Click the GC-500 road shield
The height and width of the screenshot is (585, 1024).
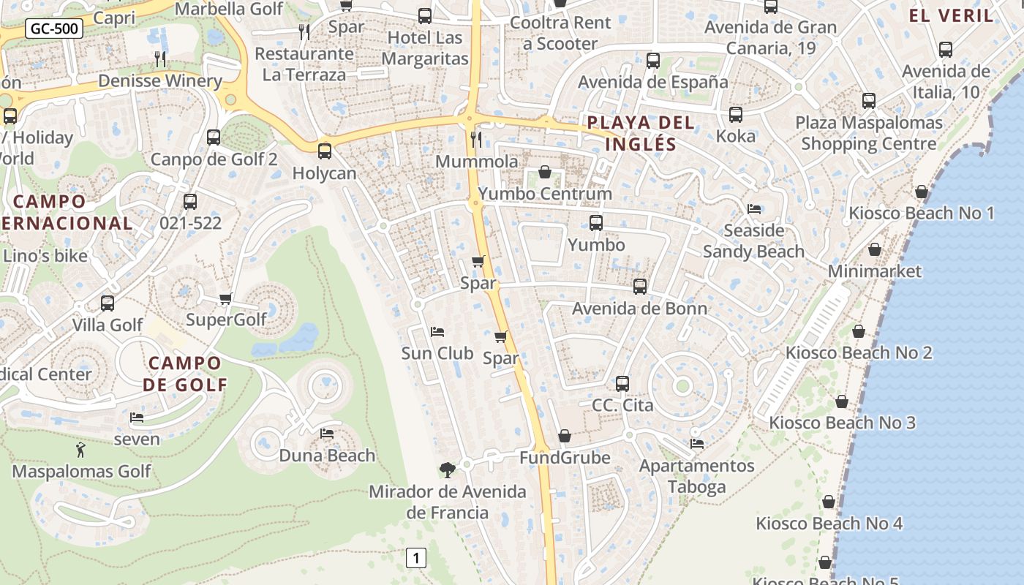click(54, 29)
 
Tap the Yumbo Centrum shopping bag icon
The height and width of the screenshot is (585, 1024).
click(545, 172)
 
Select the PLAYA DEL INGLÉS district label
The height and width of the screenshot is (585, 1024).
click(641, 133)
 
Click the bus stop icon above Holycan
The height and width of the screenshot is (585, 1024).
click(324, 151)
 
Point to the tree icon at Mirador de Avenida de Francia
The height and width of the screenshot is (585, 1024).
click(447, 469)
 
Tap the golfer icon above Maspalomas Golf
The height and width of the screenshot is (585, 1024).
click(81, 450)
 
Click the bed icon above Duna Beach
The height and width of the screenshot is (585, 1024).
click(327, 434)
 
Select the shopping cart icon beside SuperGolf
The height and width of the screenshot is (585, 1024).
click(226, 298)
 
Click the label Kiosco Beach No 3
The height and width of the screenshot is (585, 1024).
click(842, 423)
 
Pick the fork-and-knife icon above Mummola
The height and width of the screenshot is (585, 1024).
click(476, 139)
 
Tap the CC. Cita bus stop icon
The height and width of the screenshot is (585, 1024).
click(622, 384)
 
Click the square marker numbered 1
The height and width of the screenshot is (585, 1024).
click(416, 559)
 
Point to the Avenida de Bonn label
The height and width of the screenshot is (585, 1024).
click(639, 308)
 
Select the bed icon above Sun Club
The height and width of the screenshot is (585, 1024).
click(437, 332)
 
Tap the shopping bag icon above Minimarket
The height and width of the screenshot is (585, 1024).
click(874, 249)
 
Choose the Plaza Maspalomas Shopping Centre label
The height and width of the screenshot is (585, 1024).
click(869, 133)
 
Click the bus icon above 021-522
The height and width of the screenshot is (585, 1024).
click(190, 202)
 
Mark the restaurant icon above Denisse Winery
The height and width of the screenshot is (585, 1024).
click(160, 58)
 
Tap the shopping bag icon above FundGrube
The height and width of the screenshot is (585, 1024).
click(565, 436)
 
